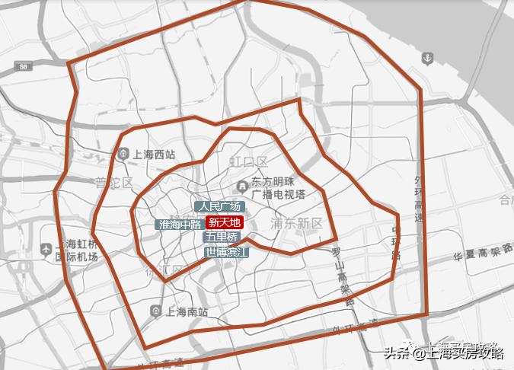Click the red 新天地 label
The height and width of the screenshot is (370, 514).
point(225,223)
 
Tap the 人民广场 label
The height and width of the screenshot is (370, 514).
point(219,206)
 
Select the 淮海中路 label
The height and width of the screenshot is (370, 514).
point(180,225)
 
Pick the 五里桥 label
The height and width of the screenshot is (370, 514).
point(222,237)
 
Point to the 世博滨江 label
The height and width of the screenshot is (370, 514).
point(227,250)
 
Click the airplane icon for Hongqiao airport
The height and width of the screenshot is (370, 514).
point(46,248)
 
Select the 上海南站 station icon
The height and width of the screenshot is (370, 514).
point(155,311)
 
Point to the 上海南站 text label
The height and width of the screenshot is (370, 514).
point(186,311)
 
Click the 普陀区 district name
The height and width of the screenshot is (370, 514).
point(113,183)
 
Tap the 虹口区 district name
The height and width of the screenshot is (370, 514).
point(249,161)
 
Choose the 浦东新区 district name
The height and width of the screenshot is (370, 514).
point(297,223)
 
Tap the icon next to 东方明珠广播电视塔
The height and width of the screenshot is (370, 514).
point(241,183)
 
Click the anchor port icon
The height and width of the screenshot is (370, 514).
point(428,58)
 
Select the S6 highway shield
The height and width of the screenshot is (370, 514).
point(24,68)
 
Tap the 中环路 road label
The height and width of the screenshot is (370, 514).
point(396,242)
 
